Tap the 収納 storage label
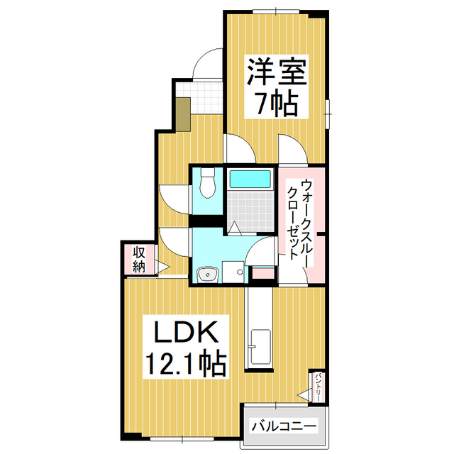point(139,260)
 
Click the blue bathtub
point(252,179)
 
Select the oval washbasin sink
point(206,273)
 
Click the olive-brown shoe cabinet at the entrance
point(183,113)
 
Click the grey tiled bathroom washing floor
point(252,209)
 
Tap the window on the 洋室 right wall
point(328,110)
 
